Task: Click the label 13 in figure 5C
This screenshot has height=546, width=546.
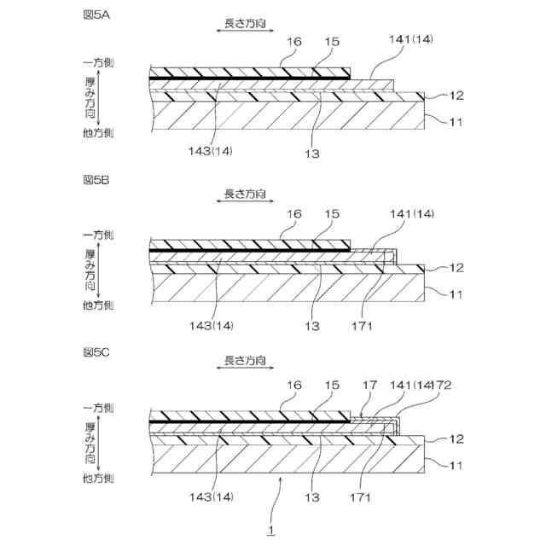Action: tap(317, 493)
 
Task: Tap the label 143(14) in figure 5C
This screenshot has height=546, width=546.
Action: tap(211, 493)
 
